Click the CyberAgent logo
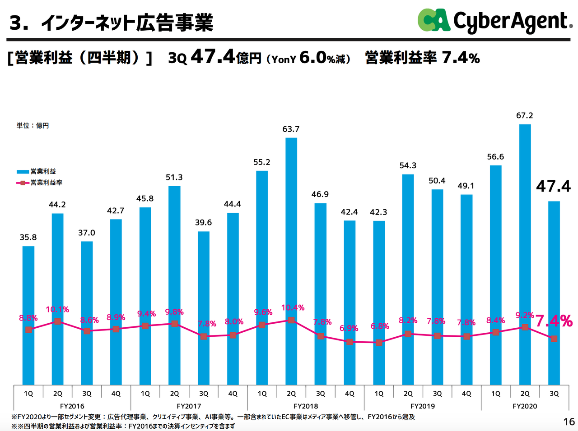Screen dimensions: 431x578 point(494,21)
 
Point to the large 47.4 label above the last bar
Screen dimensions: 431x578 point(553,186)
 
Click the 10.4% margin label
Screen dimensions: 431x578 point(293,308)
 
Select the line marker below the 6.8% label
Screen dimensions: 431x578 point(379,343)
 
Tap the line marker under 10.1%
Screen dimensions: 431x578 point(57,321)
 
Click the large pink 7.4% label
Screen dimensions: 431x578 point(554,321)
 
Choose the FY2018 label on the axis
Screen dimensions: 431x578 point(306,406)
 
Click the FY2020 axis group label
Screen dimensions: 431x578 point(525,406)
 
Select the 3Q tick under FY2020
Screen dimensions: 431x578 point(554,394)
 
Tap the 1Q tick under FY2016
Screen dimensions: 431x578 point(28,394)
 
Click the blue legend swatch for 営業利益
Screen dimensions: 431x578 point(23,172)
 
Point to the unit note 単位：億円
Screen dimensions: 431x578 point(33,125)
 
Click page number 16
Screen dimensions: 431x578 point(569,422)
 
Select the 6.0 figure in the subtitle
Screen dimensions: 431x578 point(312,58)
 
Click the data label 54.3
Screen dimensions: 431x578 point(408,165)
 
